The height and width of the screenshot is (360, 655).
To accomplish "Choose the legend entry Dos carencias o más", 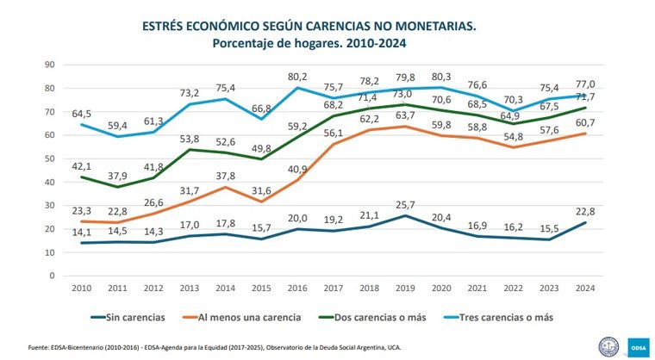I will click(x=382, y=318).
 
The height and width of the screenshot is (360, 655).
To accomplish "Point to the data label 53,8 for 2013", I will click(x=190, y=139).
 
